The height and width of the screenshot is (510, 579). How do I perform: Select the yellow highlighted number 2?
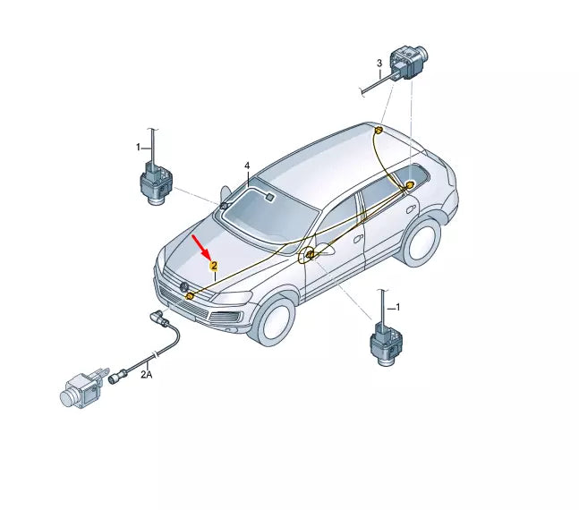(214, 266)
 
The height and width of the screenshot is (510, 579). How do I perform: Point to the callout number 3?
(379, 63)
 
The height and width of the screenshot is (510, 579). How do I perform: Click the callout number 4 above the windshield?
(247, 166)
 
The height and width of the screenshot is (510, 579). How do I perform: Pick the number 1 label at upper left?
(139, 146)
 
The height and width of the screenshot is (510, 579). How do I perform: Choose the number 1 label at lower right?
(397, 307)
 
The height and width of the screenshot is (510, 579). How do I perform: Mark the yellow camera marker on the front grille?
(191, 296)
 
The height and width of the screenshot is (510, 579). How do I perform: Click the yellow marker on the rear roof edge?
(378, 132)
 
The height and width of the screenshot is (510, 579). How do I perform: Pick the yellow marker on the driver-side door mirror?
(311, 256)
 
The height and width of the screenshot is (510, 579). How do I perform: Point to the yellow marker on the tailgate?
(410, 185)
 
